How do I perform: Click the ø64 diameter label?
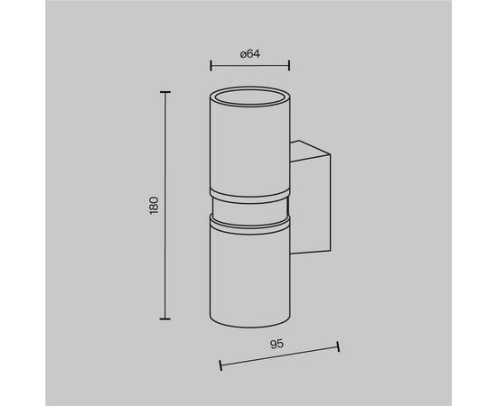pos(250,54)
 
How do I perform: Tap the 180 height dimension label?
pos(154,206)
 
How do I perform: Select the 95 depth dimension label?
pos(277,344)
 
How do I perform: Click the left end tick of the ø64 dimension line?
pos(211,66)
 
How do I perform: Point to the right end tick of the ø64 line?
pos(289,66)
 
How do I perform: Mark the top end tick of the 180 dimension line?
pos(165,92)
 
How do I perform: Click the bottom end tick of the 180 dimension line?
pos(165,319)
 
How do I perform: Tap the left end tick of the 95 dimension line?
pos(220,364)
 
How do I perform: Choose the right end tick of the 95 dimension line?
pos(338,346)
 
